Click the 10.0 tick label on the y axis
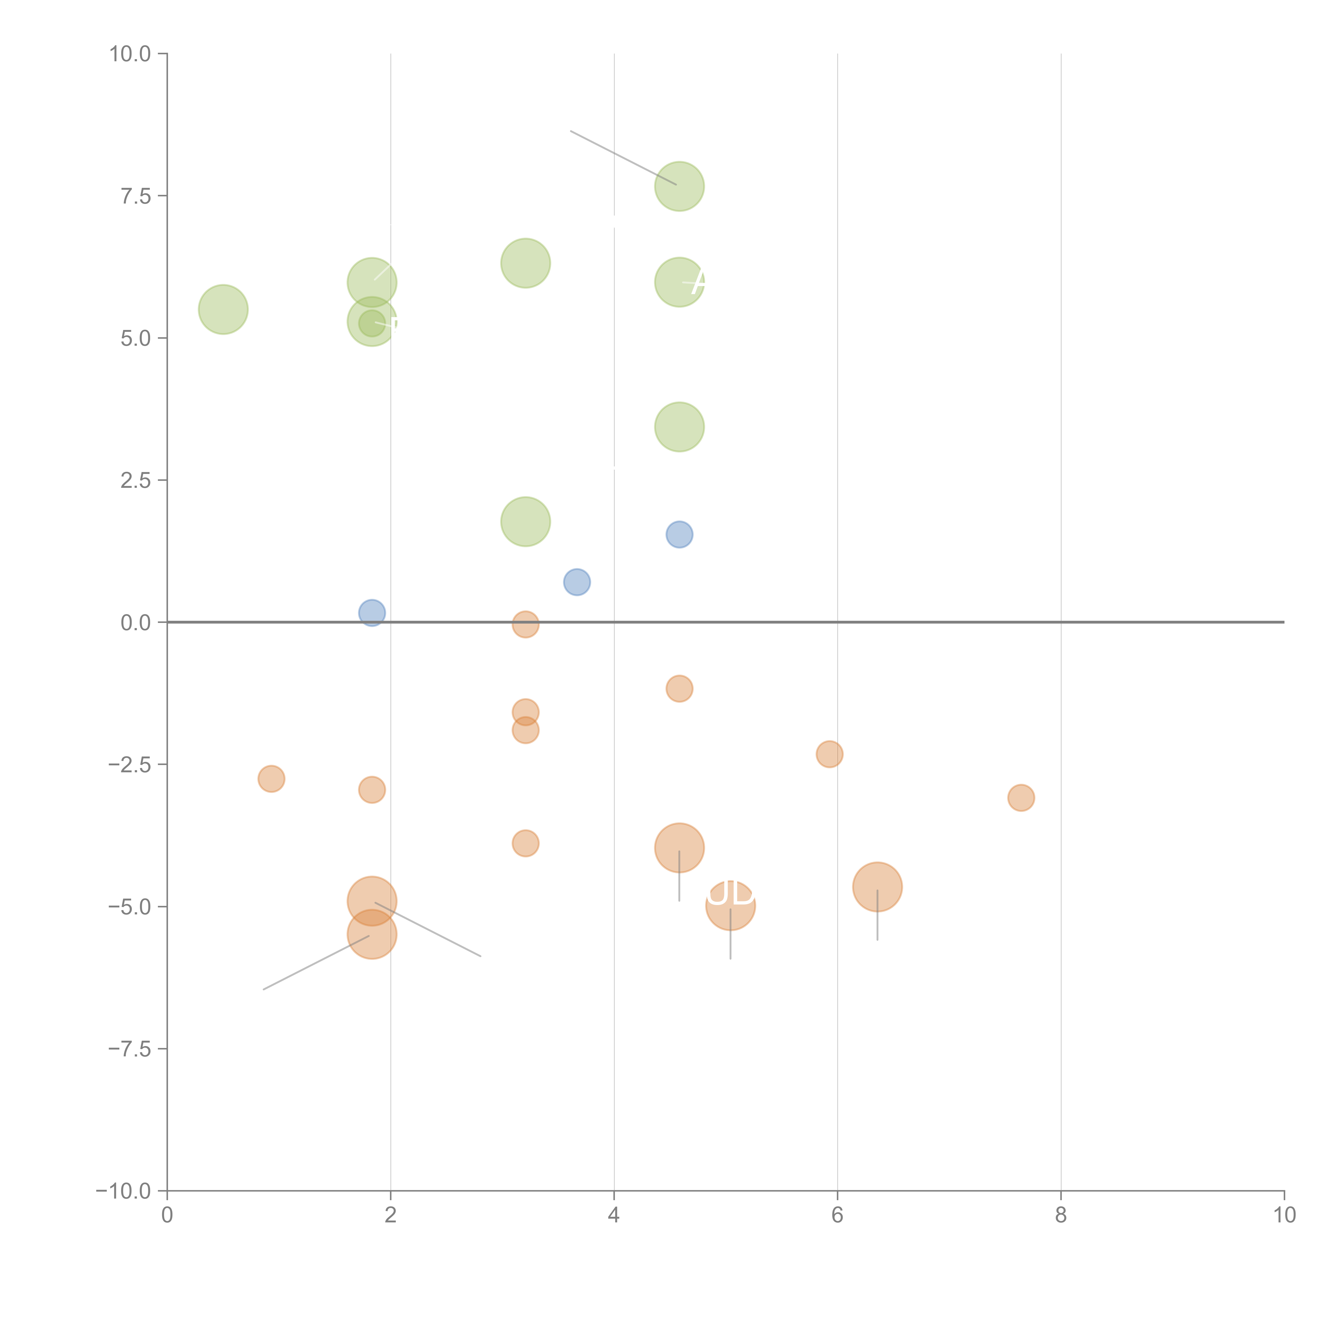pyautogui.click(x=130, y=54)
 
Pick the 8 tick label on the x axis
pyautogui.click(x=1061, y=1215)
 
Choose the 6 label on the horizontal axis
pyautogui.click(x=837, y=1215)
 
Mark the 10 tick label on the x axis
pyautogui.click(x=1284, y=1215)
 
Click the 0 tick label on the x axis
pyautogui.click(x=167, y=1215)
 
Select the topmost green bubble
pyautogui.click(x=679, y=186)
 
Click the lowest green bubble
pyautogui.click(x=526, y=522)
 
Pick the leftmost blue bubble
pyautogui.click(x=372, y=613)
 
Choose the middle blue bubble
pyautogui.click(x=577, y=582)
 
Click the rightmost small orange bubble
pyautogui.click(x=1021, y=798)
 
